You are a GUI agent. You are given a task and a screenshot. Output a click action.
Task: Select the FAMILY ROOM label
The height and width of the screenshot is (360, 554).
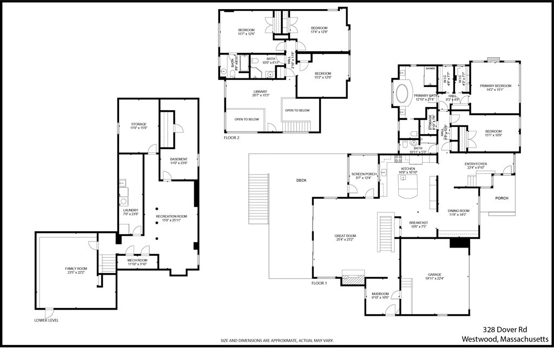point(76,270)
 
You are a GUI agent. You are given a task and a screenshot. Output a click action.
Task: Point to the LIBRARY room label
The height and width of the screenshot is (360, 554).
point(260,93)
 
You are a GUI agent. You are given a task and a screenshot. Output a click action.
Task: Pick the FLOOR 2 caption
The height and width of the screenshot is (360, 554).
point(232,138)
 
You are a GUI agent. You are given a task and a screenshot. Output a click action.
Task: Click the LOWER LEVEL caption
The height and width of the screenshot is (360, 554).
point(46,320)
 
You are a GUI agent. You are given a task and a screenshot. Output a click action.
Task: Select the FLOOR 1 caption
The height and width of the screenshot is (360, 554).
point(319,283)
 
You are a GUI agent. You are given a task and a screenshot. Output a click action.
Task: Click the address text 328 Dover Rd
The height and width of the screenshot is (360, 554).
point(505,329)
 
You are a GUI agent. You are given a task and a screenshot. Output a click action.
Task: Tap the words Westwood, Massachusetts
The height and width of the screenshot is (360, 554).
point(505,339)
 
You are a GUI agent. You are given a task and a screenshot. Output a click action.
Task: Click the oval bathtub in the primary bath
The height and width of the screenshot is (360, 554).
point(401,94)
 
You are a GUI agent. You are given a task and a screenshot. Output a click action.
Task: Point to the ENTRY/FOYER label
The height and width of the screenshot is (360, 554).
point(476,165)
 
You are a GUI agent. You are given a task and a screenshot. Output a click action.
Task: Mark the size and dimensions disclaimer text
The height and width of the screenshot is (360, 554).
point(276,341)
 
